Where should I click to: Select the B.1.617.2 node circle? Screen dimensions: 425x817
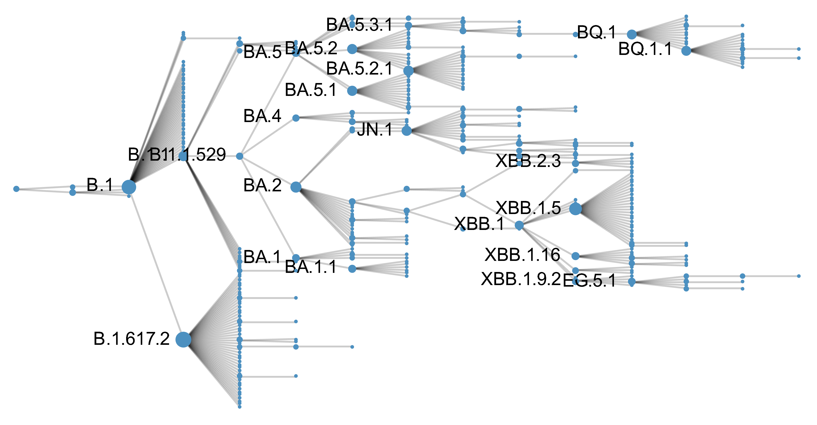183,340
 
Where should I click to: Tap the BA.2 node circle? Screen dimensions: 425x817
296,187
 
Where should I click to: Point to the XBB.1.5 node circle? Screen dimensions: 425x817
575,209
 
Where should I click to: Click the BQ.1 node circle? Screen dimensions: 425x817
631,34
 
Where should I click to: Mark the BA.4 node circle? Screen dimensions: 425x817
296,118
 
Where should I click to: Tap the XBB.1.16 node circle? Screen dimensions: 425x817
575,256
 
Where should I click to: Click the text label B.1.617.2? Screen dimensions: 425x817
132,339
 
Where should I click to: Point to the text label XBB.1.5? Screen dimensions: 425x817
528,208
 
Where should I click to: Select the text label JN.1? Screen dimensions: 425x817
375,129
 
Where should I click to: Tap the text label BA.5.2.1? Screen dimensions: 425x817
359,68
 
